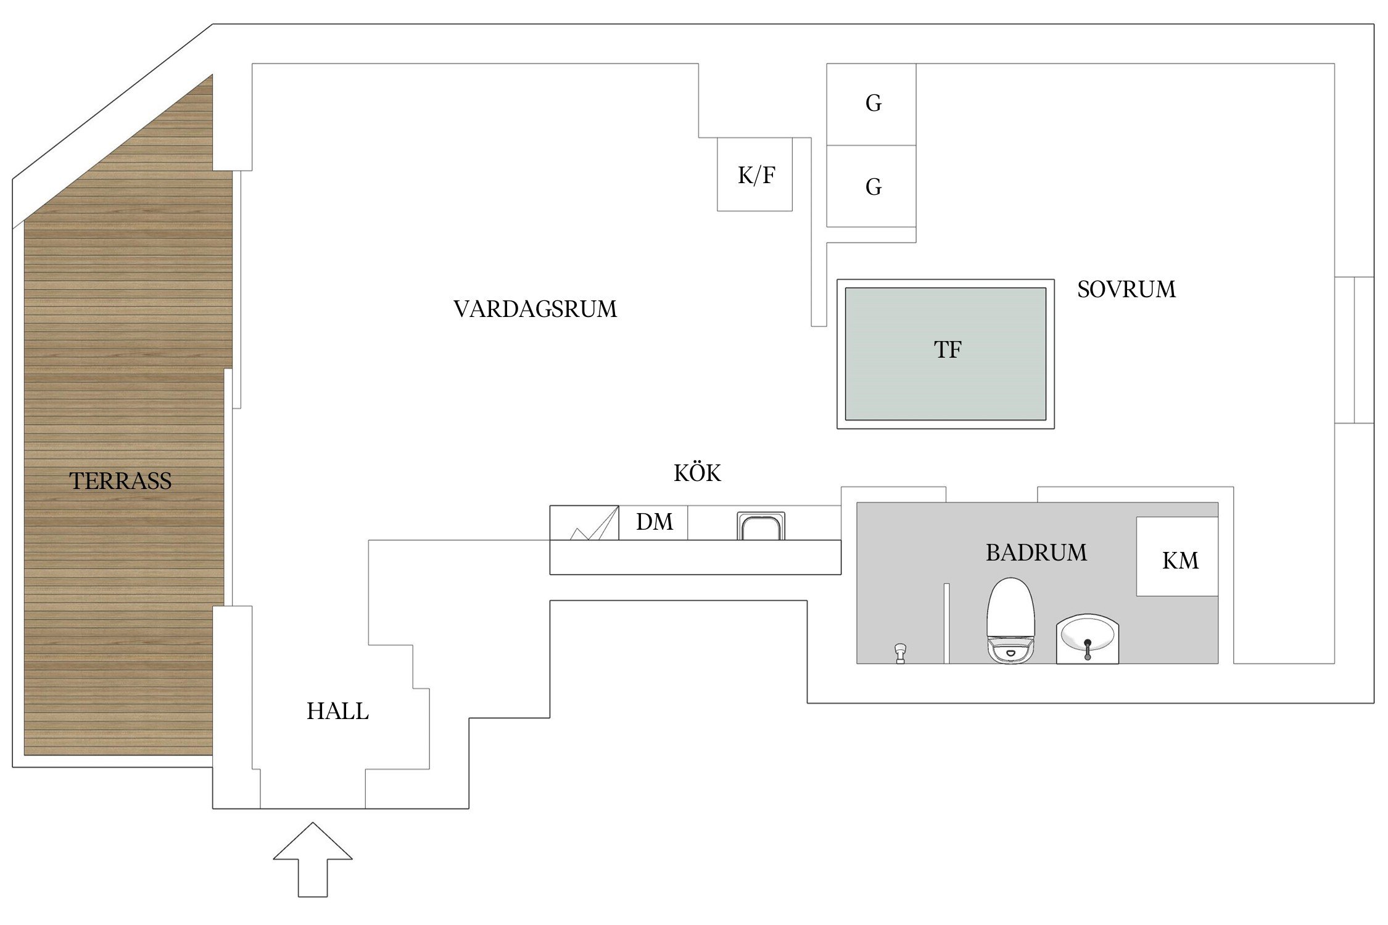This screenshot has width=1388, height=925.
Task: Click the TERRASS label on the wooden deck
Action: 120,481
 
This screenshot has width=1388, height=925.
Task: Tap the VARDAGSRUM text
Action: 535,309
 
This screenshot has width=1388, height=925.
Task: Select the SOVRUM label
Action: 1126,289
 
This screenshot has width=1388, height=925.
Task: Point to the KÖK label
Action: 697,473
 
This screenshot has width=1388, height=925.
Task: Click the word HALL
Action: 337,711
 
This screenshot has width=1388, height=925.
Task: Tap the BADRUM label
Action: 1036,553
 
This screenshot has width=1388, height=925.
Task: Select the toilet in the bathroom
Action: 1010,620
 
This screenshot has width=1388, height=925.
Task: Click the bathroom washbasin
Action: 1087,638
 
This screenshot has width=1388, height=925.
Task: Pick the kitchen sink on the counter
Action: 761,526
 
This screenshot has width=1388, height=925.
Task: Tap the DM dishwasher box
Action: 653,522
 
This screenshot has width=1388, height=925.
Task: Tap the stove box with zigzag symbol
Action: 584,523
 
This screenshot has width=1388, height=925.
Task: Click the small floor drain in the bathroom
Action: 900,652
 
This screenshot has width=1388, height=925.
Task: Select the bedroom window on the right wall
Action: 1354,350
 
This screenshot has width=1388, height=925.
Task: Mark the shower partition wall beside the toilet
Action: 946,623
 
